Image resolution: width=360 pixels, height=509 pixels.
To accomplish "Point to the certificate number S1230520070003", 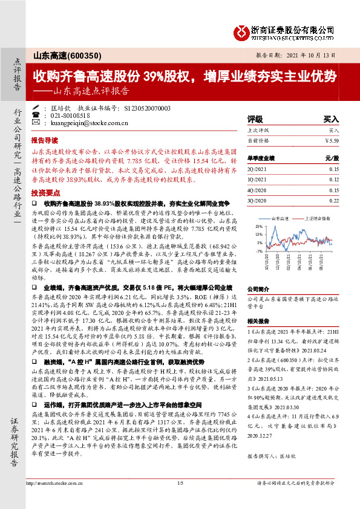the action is click(147, 108).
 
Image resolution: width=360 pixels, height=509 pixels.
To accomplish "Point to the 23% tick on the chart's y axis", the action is click(260, 225).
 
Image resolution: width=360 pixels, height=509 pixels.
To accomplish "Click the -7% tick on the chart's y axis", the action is click(260, 251).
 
